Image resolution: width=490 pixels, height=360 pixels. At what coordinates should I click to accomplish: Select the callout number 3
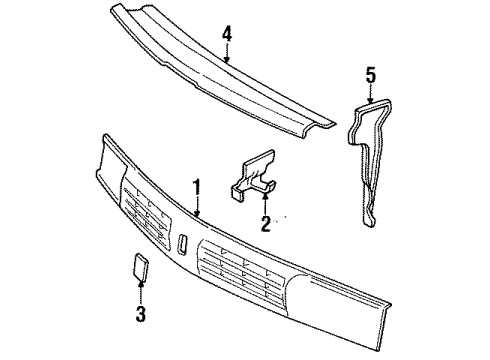coord(141,316)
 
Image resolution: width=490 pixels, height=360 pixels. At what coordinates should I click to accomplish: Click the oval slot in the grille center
coord(185,243)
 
